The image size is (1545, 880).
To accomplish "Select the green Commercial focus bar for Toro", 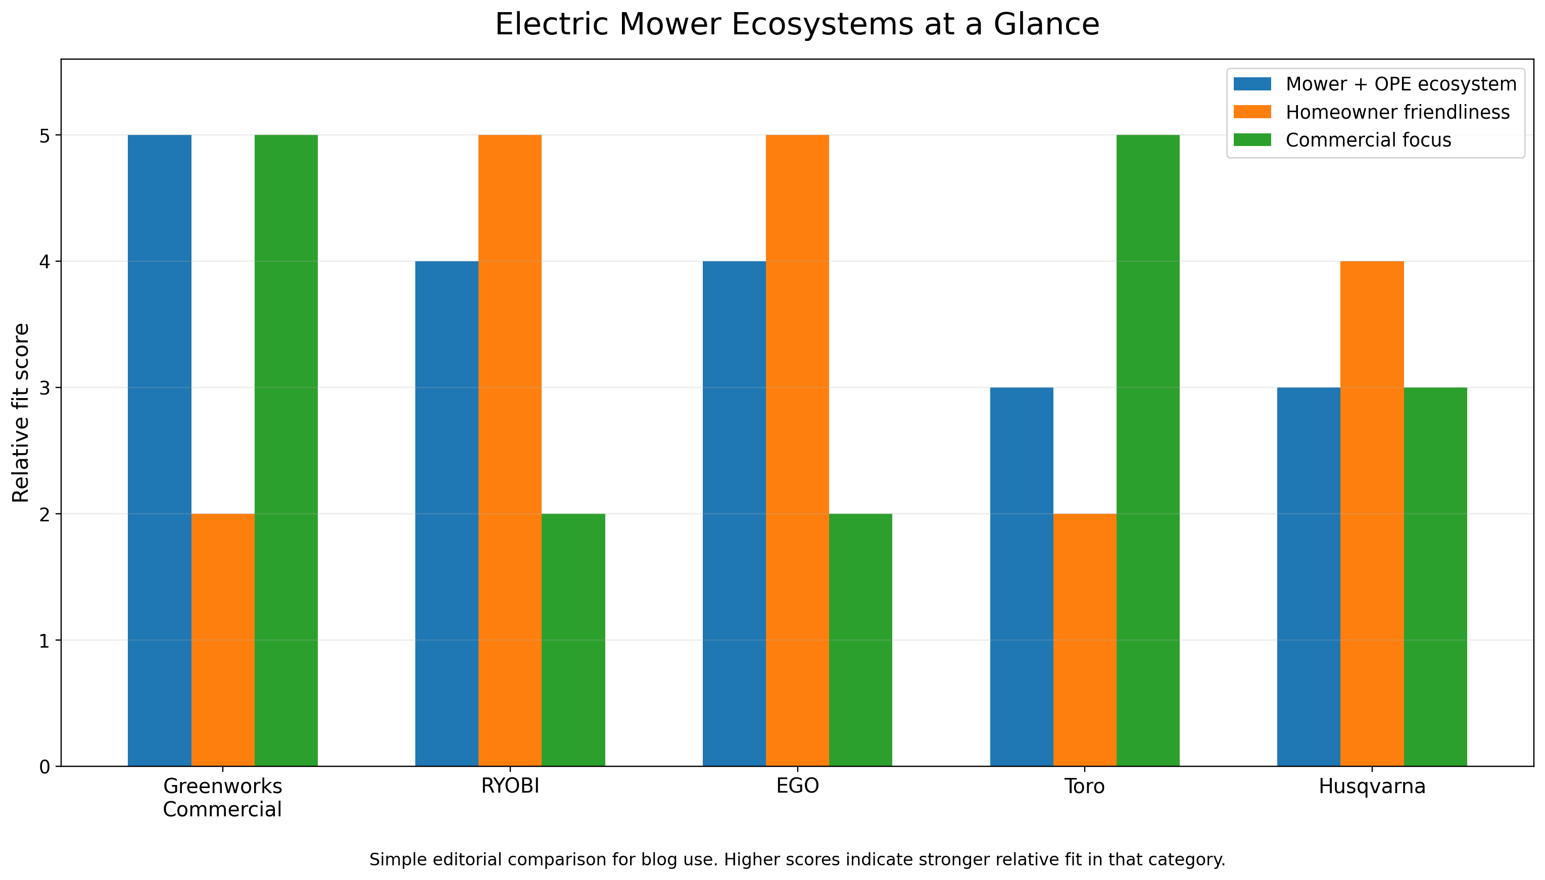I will (1147, 450).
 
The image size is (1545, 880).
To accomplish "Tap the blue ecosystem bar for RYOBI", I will (446, 513).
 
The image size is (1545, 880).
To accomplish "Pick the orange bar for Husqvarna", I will (1372, 513).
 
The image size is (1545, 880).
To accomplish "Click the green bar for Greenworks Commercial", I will (286, 450).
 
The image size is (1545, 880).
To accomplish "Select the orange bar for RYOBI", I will (510, 450).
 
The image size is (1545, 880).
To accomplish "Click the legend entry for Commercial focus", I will (1368, 140).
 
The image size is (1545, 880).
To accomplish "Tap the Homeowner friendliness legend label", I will (1397, 113).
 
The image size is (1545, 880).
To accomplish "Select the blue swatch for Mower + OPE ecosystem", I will (1252, 84).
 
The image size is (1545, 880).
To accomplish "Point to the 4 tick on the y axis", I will (45, 262).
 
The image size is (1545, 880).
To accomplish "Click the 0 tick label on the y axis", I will (45, 767).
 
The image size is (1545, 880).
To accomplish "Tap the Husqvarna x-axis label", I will (1372, 787).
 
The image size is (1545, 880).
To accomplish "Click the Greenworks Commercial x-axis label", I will (222, 798).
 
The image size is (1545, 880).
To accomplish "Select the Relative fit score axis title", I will (21, 413).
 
